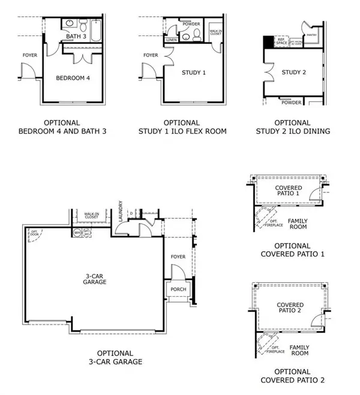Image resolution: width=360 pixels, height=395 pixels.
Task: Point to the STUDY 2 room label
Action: click(294, 73)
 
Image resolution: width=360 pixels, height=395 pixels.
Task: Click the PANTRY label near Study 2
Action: click(311, 36)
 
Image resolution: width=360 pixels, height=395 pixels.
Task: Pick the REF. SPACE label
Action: click(281, 42)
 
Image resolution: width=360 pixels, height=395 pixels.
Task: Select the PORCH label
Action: click(178, 290)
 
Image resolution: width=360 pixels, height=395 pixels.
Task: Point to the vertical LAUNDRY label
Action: click(121, 210)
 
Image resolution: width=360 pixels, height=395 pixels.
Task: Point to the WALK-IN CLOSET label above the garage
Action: click(91, 215)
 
